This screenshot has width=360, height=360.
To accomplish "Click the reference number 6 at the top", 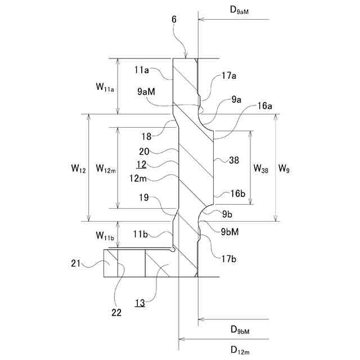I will [174, 20].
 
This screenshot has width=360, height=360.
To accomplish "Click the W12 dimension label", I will [78, 168].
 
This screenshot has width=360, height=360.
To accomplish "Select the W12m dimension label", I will [106, 168].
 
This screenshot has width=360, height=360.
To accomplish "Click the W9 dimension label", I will [285, 168].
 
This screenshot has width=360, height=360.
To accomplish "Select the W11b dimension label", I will [106, 235].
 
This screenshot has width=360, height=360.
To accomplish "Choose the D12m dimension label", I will [242, 349].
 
